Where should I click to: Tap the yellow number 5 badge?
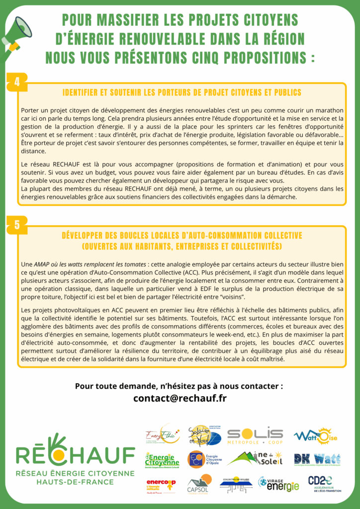(17, 225)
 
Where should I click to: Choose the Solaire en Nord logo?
(204, 436)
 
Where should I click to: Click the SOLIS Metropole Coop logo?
(255, 435)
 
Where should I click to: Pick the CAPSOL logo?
(199, 484)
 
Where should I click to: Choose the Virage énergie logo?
(279, 484)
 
